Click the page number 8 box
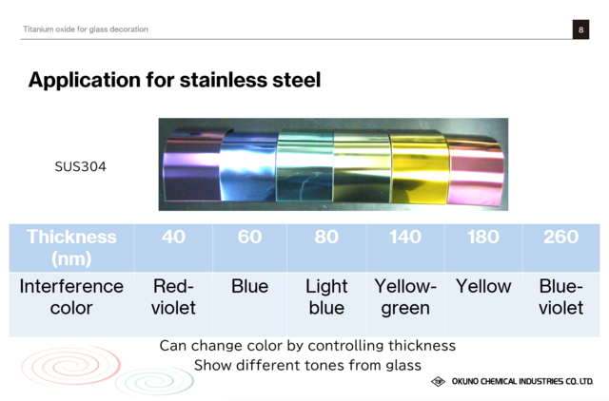(580, 29)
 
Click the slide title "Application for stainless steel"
(174, 80)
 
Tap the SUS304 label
(80, 166)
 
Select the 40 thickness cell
(173, 248)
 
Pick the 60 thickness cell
(249, 248)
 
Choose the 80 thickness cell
(326, 248)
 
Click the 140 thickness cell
(405, 248)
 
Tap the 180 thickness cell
(483, 248)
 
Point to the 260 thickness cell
(561, 248)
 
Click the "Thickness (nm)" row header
(72, 248)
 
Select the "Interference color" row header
(72, 304)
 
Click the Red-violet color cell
(173, 304)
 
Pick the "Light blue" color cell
(326, 304)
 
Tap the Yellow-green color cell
(405, 304)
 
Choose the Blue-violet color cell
(561, 304)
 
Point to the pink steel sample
(476, 171)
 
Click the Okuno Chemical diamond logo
(438, 382)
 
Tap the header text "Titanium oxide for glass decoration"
(86, 29)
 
